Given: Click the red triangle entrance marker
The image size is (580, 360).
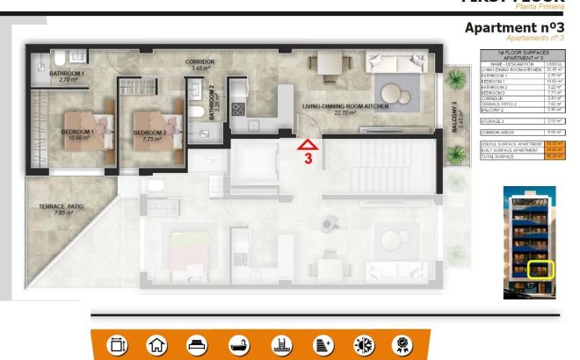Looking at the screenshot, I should (x=307, y=145).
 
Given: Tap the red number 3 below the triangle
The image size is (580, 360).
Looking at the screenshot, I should (x=308, y=160).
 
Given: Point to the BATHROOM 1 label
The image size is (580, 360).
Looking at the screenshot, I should (x=66, y=74).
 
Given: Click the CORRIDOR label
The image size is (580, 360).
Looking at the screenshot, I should (x=199, y=61).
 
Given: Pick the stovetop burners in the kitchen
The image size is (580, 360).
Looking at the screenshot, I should (x=237, y=109).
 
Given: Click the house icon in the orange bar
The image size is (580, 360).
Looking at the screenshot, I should (x=156, y=345).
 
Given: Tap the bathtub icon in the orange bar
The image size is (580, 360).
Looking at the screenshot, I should (x=237, y=345).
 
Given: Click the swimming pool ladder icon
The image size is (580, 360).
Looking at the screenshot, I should (x=279, y=345).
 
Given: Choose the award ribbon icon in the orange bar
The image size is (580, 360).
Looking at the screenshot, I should (x=402, y=345).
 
